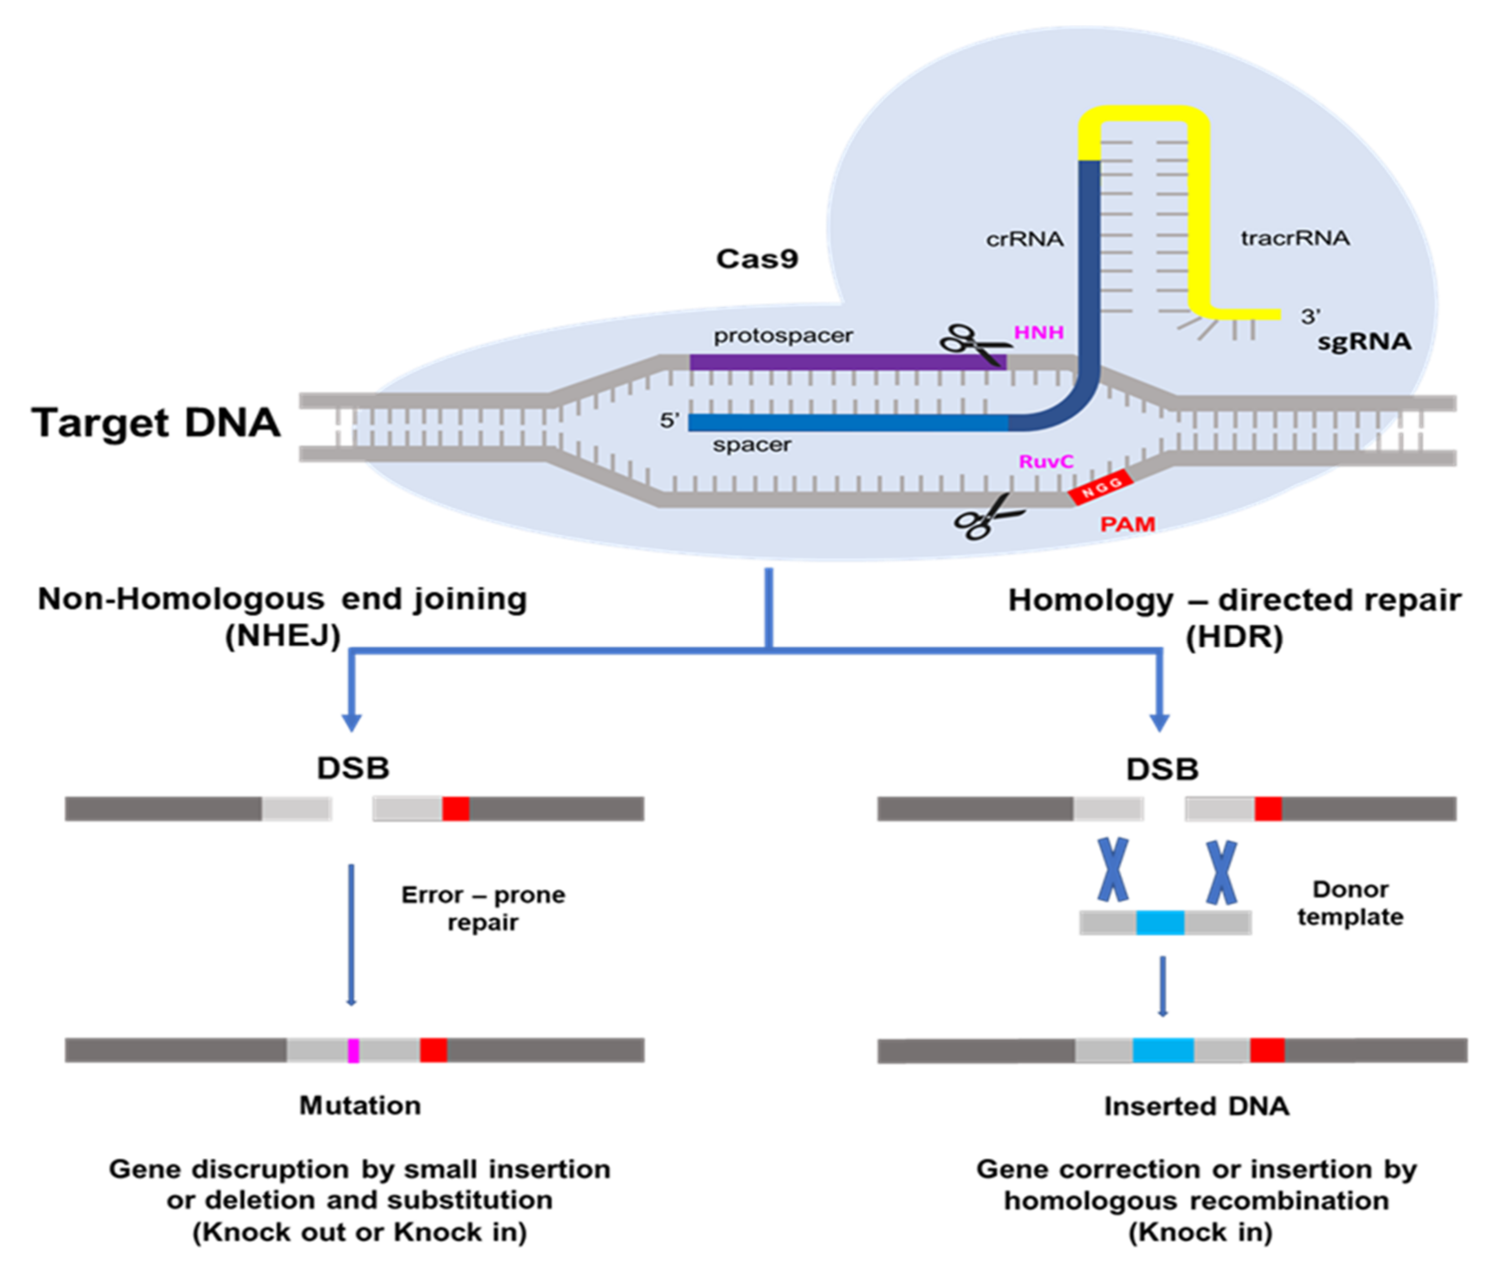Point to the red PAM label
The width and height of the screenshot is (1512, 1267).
[x=1127, y=524]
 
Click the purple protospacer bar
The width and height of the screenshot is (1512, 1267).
[x=848, y=361]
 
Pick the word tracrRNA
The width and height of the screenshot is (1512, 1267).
[x=1295, y=238]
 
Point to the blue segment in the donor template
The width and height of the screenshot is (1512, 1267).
[x=1160, y=923]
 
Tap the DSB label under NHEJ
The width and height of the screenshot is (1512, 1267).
[x=353, y=768]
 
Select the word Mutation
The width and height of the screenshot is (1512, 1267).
[x=360, y=1105]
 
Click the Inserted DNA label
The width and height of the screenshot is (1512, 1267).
[x=1196, y=1106]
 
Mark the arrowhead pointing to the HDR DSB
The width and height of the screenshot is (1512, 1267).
[x=1159, y=722]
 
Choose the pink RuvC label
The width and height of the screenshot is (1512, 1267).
[x=1046, y=461]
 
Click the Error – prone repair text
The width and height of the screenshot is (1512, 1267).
[x=483, y=908]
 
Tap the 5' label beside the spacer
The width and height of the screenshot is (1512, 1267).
[x=669, y=420]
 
